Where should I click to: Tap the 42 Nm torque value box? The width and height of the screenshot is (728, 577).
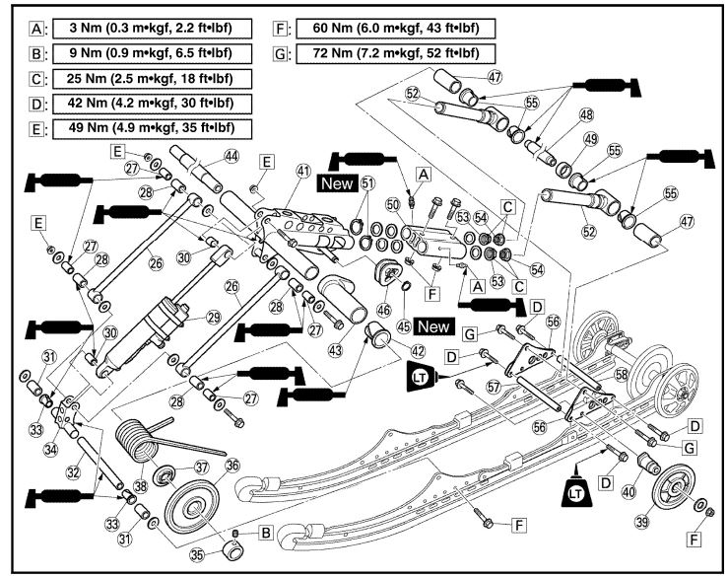(141, 103)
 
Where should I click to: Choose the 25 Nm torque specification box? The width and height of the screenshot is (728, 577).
(141, 78)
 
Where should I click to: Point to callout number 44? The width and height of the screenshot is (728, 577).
(232, 156)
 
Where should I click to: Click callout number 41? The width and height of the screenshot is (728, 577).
(302, 171)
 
